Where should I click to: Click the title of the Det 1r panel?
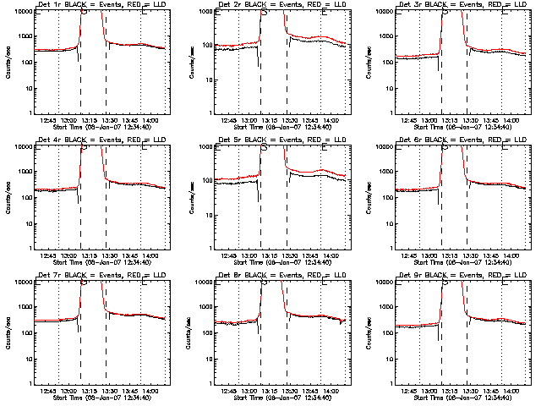(x=96, y=5)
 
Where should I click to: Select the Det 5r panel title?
(x=277, y=140)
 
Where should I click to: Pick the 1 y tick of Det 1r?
(x=27, y=113)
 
